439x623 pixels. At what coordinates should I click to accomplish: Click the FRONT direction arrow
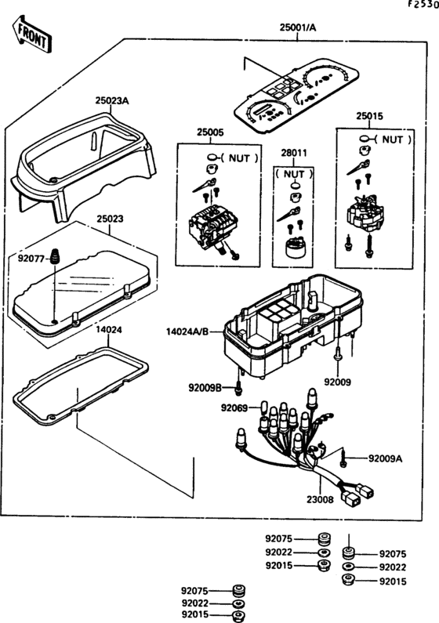pyautogui.click(x=31, y=34)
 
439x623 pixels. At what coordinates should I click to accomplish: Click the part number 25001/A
pyautogui.click(x=298, y=27)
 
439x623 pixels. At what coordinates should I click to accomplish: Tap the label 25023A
pyautogui.click(x=112, y=100)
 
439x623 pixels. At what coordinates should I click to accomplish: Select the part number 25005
pyautogui.click(x=210, y=132)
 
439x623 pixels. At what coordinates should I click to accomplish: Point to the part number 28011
pyautogui.click(x=294, y=153)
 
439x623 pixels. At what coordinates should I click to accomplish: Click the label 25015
pyautogui.click(x=369, y=116)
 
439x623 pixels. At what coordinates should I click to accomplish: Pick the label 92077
pyautogui.click(x=31, y=259)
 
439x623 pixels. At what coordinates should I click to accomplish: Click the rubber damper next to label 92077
pyautogui.click(x=54, y=256)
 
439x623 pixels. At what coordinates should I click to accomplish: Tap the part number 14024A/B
pyautogui.click(x=187, y=331)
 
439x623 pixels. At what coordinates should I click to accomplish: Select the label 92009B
pyautogui.click(x=205, y=387)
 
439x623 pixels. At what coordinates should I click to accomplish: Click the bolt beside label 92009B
pyautogui.click(x=238, y=388)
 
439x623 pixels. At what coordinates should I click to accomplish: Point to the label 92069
pyautogui.click(x=234, y=408)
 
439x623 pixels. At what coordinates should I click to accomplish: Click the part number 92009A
pyautogui.click(x=385, y=458)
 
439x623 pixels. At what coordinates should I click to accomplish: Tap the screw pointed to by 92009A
pyautogui.click(x=343, y=458)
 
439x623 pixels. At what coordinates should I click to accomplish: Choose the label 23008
pyautogui.click(x=320, y=499)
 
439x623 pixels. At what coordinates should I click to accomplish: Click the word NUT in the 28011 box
pyautogui.click(x=294, y=174)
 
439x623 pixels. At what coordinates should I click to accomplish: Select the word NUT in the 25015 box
pyautogui.click(x=393, y=139)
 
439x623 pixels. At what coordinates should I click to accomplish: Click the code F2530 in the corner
pyautogui.click(x=424, y=4)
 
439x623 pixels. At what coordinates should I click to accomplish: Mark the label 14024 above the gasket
pyautogui.click(x=109, y=330)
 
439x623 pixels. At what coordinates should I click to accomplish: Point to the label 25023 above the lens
pyautogui.click(x=110, y=219)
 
